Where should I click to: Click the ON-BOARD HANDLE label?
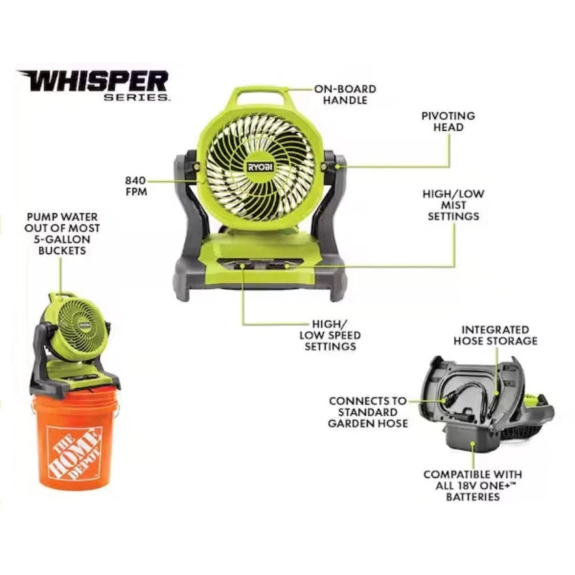[345, 95]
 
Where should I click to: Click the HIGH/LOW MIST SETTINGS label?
[454, 205]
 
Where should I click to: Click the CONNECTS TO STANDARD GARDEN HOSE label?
[368, 412]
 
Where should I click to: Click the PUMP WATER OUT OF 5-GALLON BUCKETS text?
[63, 234]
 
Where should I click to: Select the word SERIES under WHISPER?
[137, 97]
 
